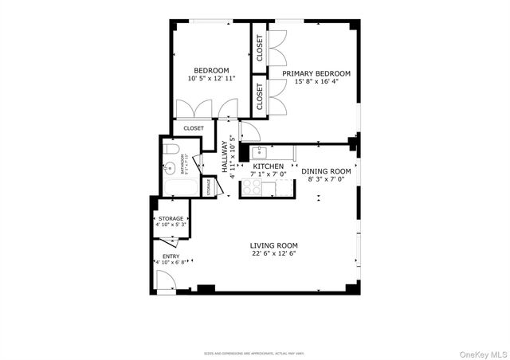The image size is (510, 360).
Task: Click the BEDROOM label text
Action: click(x=211, y=70)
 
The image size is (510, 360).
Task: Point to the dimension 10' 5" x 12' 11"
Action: click(x=211, y=79)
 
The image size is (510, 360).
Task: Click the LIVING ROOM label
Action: click(x=273, y=245)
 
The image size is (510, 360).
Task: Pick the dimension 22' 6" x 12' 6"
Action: click(x=273, y=254)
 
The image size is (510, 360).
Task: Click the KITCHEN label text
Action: click(x=268, y=166)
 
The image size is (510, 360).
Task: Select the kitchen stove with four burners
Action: click(x=252, y=187)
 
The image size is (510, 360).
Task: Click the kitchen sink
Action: click(x=258, y=152)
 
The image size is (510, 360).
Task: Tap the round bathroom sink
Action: click(x=168, y=168)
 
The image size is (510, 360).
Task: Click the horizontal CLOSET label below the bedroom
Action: click(x=194, y=128)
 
